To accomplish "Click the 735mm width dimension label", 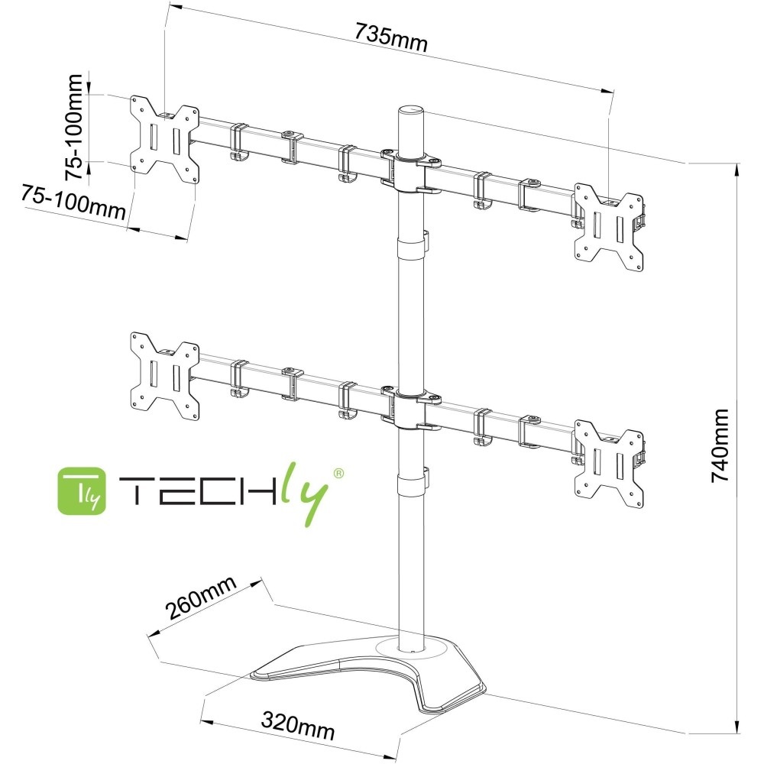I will point(390,37).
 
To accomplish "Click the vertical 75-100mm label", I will point(74,127).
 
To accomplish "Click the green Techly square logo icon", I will point(81,490).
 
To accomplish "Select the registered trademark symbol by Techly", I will point(338,474).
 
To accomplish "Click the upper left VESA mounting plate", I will point(165,139).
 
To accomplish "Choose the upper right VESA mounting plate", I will point(609,227).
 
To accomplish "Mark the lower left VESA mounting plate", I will point(165,375).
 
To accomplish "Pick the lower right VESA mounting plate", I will point(609,463).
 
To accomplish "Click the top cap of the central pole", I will point(410,112).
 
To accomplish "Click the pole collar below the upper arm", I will point(411,250).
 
